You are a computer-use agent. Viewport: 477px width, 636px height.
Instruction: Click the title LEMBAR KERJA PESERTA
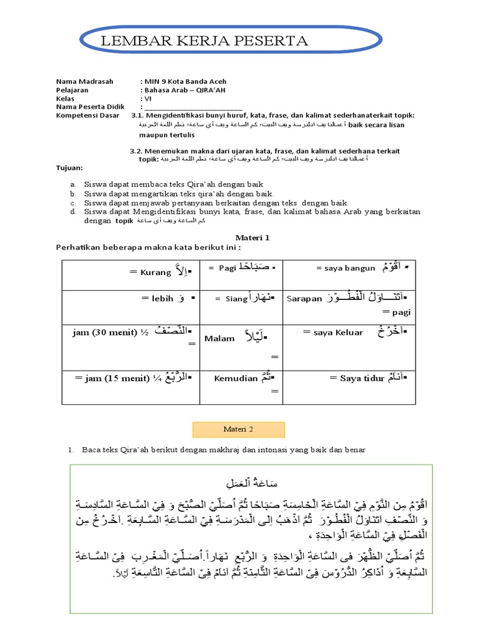(x=208, y=42)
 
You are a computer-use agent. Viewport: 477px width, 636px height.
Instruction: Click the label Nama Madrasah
(x=82, y=81)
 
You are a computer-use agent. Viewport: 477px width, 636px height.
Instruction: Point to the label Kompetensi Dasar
(x=88, y=116)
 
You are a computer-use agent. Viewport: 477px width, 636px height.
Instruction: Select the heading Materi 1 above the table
(x=252, y=237)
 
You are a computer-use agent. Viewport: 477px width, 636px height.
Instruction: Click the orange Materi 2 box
(x=238, y=429)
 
